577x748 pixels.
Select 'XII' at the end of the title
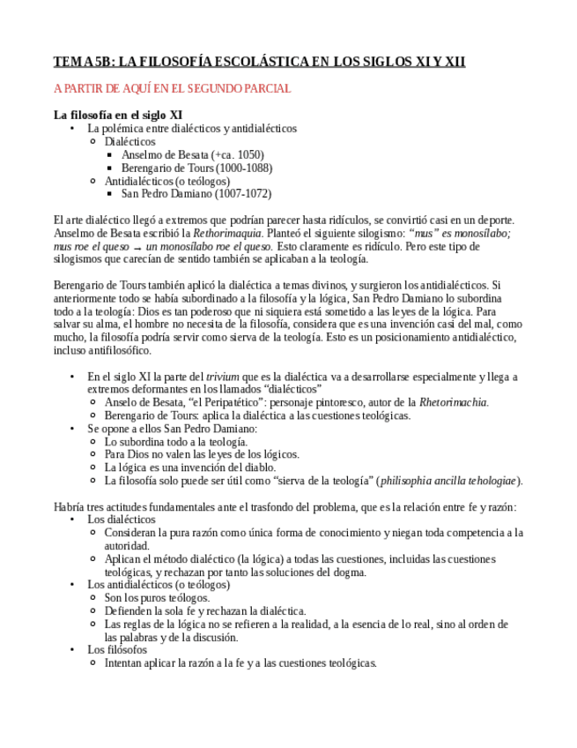coord(454,62)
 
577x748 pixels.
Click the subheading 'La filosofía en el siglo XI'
coord(118,115)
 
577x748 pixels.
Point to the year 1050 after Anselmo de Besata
coord(249,154)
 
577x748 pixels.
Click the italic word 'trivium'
coord(220,377)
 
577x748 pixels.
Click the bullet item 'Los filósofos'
coord(117,650)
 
